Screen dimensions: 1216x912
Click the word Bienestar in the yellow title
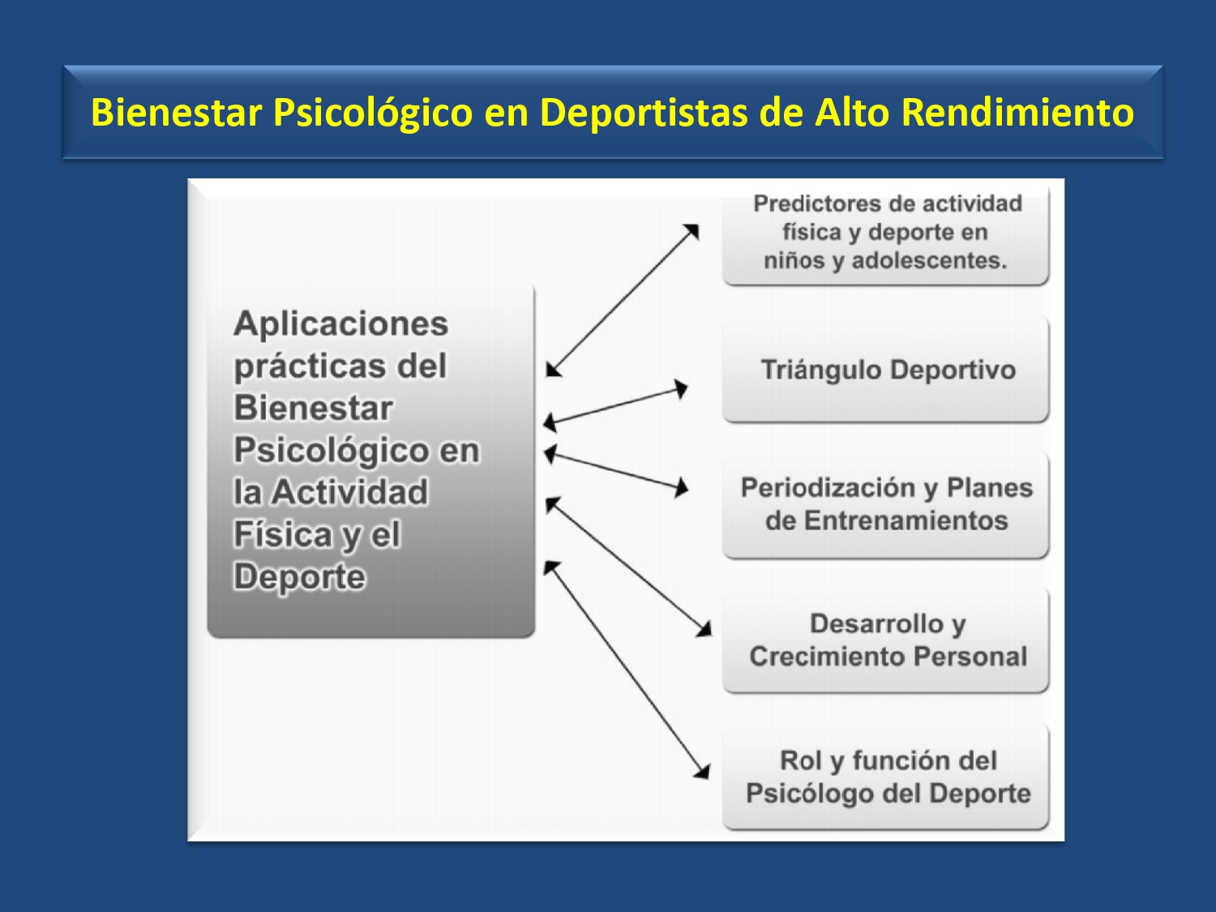point(176,113)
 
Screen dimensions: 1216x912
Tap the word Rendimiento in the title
point(1017,113)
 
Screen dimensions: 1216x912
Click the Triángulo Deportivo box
point(886,370)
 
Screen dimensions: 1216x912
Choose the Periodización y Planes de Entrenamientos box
point(886,505)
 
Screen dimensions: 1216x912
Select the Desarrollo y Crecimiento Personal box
point(886,640)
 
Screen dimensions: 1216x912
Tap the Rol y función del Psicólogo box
point(886,777)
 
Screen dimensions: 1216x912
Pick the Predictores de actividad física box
point(886,235)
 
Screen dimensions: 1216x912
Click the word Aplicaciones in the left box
point(340,323)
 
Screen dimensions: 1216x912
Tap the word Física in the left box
point(283,533)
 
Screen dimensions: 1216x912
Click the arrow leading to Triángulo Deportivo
point(615,407)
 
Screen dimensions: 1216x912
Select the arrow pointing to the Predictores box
point(622,301)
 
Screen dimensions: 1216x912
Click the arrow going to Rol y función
point(627,670)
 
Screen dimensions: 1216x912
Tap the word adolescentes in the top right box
point(929,260)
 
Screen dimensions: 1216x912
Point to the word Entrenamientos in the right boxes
point(906,520)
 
